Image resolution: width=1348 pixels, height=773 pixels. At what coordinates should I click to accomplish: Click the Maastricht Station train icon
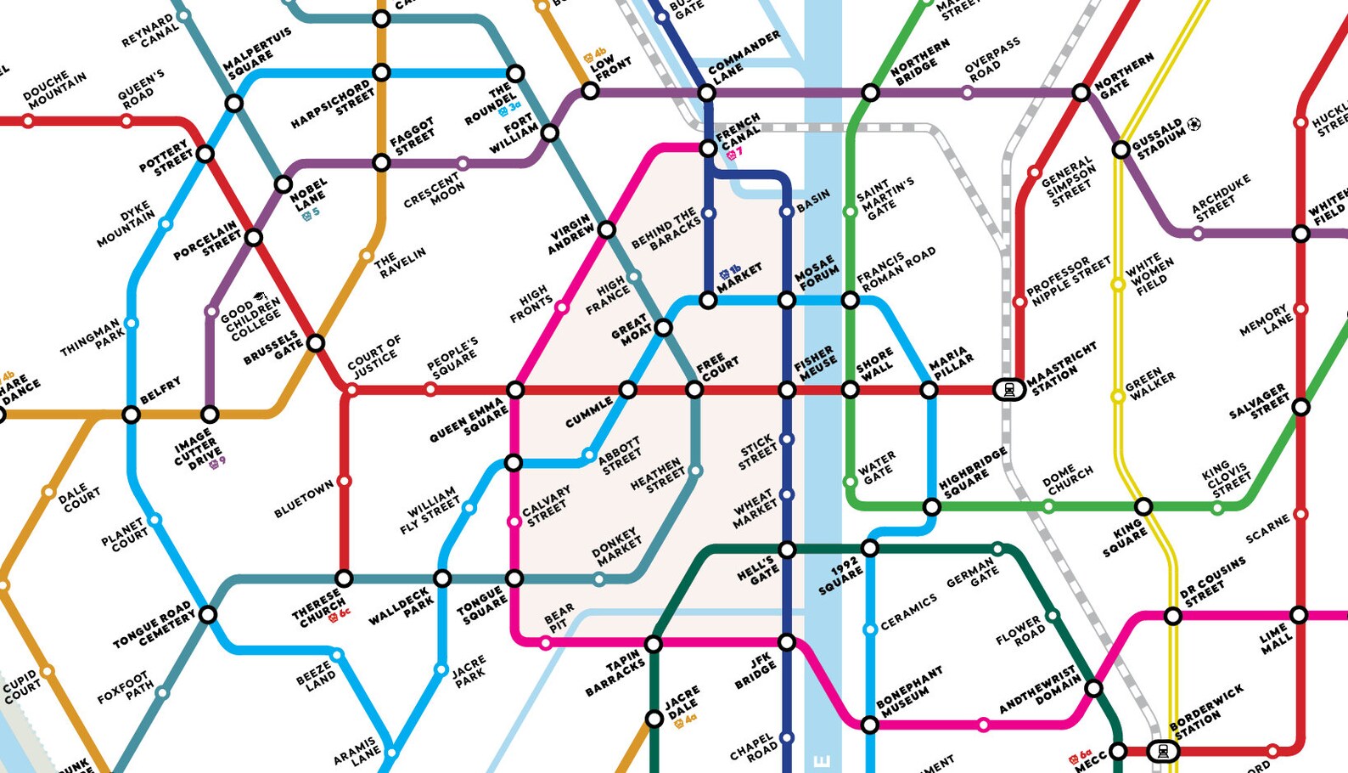pyautogui.click(x=1008, y=390)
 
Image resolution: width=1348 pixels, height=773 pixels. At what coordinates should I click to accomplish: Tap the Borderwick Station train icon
pyautogui.click(x=1162, y=751)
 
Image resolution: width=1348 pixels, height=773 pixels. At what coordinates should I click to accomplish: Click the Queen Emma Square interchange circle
pyautogui.click(x=515, y=390)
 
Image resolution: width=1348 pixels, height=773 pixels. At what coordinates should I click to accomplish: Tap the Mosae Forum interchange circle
pyautogui.click(x=787, y=300)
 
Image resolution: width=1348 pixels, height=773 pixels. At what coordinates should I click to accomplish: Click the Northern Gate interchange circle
pyautogui.click(x=1081, y=93)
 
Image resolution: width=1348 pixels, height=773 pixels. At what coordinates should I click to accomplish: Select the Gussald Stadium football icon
pyautogui.click(x=1194, y=124)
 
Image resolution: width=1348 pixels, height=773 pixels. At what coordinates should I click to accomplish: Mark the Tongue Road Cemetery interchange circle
pyautogui.click(x=208, y=614)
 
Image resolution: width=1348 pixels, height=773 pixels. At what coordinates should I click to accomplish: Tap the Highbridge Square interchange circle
pyautogui.click(x=931, y=507)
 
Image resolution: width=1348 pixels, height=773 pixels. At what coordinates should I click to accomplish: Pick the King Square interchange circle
pyautogui.click(x=1143, y=507)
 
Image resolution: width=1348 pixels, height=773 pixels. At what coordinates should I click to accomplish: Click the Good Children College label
pyautogui.click(x=250, y=317)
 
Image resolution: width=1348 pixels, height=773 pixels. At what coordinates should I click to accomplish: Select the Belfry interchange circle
pyautogui.click(x=131, y=415)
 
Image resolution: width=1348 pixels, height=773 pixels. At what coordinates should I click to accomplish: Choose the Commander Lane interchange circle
pyautogui.click(x=706, y=93)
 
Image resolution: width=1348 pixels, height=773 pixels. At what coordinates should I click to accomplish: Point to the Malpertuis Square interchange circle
pyautogui.click(x=233, y=104)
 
